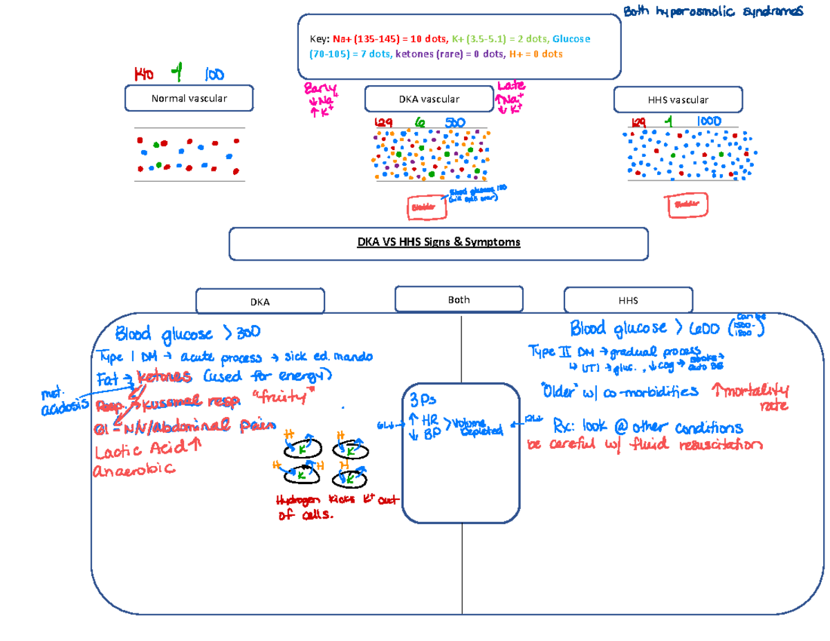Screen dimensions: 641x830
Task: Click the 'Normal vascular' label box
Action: tap(189, 98)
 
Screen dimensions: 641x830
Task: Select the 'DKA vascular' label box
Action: tap(429, 99)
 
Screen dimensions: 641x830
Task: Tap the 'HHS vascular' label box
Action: tap(679, 99)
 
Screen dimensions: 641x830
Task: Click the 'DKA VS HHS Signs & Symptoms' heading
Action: tap(439, 243)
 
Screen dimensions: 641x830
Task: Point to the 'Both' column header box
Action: tap(459, 299)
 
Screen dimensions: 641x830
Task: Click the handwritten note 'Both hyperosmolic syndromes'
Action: tap(713, 12)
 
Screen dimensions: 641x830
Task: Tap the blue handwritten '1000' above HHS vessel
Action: tap(708, 122)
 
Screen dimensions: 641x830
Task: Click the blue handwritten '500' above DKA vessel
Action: tap(454, 122)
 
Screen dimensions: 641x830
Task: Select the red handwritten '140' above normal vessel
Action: tap(145, 73)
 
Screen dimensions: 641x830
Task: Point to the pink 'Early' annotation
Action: tap(320, 89)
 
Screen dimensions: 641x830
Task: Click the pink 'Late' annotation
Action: tap(511, 86)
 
